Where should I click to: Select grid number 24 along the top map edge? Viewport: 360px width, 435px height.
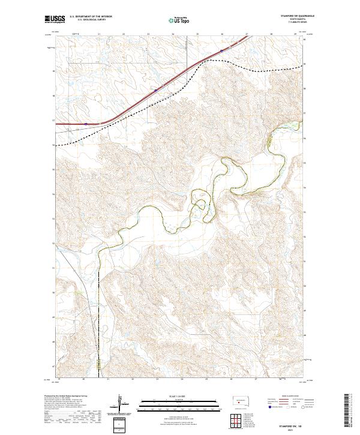click(173, 34)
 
